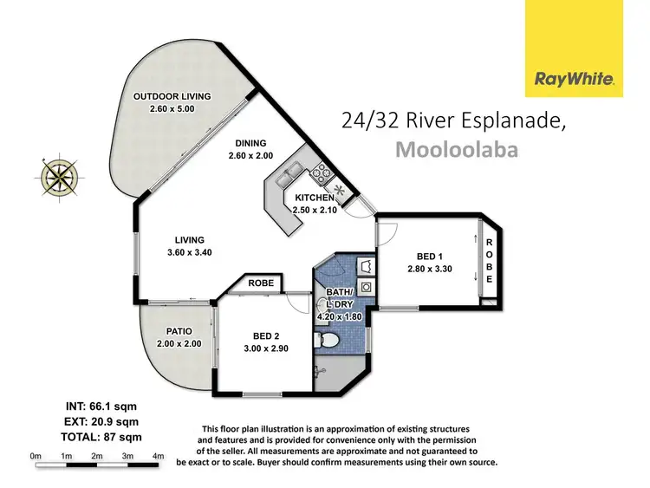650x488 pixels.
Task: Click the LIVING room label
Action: point(188,240)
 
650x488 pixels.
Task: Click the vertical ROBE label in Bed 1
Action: point(489,261)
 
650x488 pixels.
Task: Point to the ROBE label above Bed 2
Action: point(260,283)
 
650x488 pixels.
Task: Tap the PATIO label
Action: point(179,331)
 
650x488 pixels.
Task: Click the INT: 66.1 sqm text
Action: point(101,406)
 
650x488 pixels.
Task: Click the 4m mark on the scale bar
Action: point(158,456)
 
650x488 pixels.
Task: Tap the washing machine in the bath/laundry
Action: point(367,287)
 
